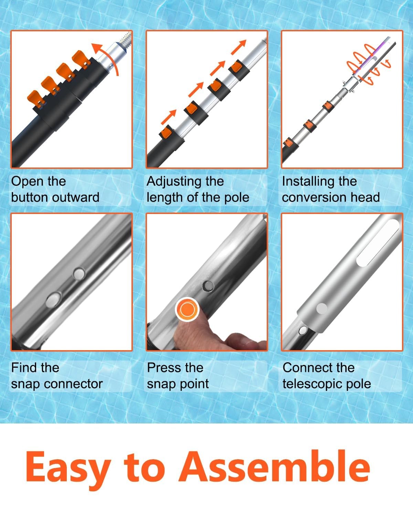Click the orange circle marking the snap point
188,309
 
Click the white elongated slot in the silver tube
378,243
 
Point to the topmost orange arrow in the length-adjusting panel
239,47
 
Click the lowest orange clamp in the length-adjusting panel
167,133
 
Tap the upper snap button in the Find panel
79,273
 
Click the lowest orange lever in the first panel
36,99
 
